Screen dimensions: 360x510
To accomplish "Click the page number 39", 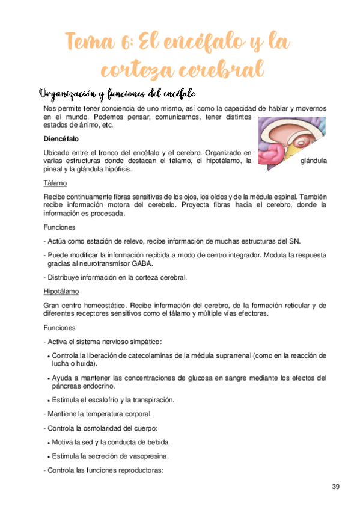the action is [x=336, y=485].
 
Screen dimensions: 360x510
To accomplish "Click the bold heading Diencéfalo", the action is [x=61, y=138].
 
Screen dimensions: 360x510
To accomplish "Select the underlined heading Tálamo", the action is [x=55, y=183].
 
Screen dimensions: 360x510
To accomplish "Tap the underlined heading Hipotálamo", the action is [x=60, y=292].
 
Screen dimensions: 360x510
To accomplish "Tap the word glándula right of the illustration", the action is [x=313, y=161].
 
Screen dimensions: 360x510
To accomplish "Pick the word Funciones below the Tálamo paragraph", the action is [x=59, y=228].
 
